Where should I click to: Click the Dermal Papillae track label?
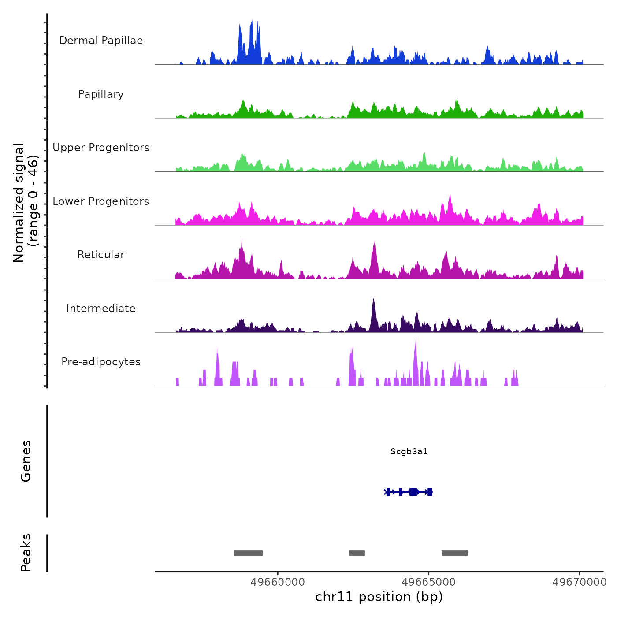tap(101, 41)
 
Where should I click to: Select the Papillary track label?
tap(101, 94)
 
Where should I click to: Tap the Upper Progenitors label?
tap(101, 148)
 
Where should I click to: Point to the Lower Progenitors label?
tap(101, 201)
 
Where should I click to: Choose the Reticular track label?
tap(101, 255)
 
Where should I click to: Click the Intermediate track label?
tap(101, 308)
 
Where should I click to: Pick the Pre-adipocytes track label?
tap(101, 362)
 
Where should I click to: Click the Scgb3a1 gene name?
tap(409, 452)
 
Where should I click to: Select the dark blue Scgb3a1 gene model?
tap(409, 492)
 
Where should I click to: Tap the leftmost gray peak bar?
tap(248, 553)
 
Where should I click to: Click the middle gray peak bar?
tap(357, 553)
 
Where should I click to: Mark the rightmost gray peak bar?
tap(454, 553)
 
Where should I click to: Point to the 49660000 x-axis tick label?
tap(278, 582)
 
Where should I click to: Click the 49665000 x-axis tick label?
tap(429, 582)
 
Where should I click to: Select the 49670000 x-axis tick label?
tap(580, 582)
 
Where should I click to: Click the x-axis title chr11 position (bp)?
tap(379, 597)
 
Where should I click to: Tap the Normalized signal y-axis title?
tap(26, 203)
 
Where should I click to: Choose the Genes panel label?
tap(26, 461)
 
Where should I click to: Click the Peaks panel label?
tap(26, 553)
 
